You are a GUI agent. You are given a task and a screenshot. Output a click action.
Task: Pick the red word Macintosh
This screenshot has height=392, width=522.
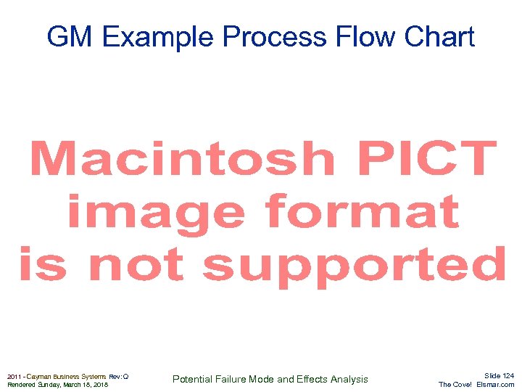point(182,159)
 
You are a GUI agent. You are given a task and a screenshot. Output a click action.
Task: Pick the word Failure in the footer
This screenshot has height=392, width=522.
point(235,379)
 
